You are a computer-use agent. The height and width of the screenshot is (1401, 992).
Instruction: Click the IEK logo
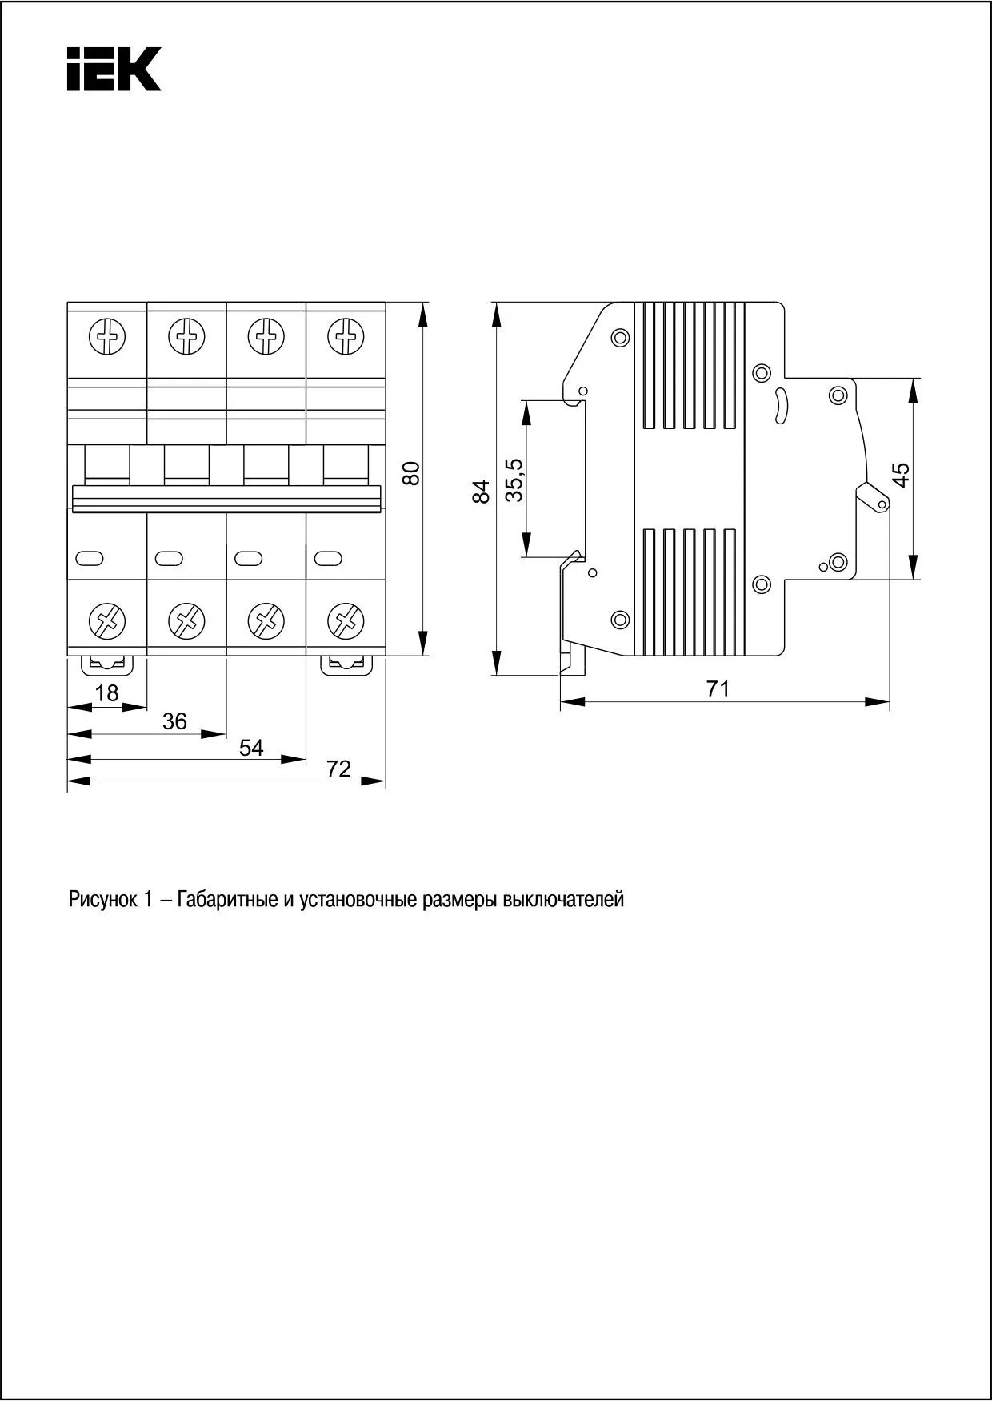coord(114,69)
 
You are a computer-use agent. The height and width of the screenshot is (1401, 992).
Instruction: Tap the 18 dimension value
coord(106,693)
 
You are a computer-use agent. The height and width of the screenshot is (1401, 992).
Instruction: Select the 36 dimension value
coord(174,721)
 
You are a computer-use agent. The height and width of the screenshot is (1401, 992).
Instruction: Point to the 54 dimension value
coord(251,748)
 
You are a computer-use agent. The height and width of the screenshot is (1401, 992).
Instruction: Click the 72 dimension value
coord(339,769)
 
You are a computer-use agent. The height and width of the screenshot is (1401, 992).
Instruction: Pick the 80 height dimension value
coord(411,473)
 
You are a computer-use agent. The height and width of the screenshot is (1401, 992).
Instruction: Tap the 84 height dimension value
coord(481,491)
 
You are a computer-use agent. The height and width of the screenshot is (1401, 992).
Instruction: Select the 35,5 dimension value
coord(515,480)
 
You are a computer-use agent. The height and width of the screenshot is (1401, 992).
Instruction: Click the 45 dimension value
coord(902,475)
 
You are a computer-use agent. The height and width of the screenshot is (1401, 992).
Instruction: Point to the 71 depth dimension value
coord(718,688)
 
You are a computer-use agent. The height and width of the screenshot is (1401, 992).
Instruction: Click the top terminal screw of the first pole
coord(106,335)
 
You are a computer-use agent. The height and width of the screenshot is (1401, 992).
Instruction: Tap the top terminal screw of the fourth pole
coord(346,335)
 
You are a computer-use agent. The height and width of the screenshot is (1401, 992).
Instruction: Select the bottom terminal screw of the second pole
coord(186,620)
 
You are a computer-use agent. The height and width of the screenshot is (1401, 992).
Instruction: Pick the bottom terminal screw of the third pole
coord(266,620)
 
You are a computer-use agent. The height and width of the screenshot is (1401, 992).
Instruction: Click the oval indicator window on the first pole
coord(89,557)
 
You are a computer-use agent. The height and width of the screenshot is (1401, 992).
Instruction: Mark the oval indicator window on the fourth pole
coord(329,557)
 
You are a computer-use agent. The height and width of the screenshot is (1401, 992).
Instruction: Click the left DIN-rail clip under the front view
coord(105,664)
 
